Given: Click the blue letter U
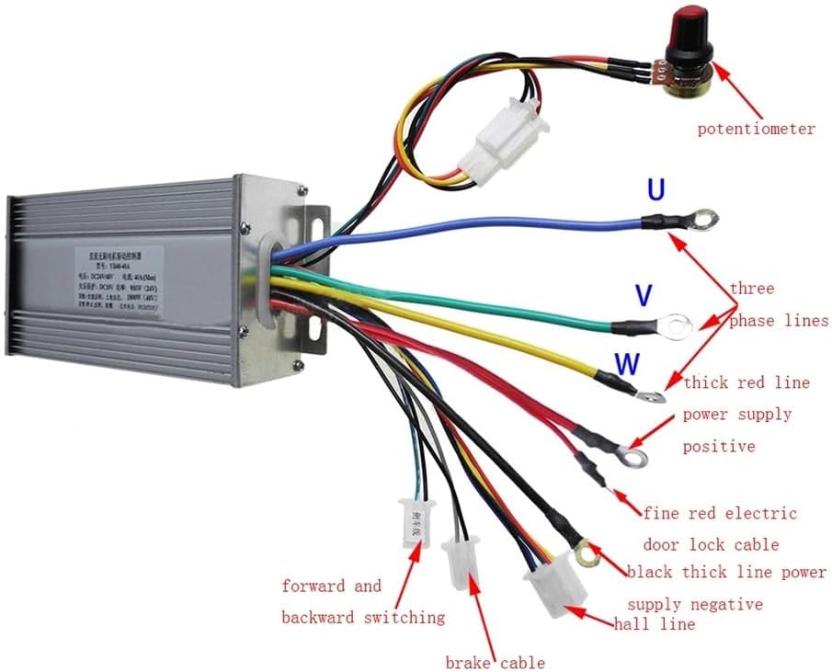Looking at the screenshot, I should coord(655,191).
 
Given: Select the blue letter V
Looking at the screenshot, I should coord(644,295).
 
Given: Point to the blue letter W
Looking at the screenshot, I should coord(627,364).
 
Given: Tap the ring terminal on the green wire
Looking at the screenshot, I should coord(678,324).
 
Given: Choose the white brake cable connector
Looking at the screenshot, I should coord(460,562).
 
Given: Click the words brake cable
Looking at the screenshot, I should coord(496,663).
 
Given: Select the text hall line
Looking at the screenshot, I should coord(655,624).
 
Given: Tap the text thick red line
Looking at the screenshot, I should coord(746,382).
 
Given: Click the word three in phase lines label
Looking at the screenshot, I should coord(752,289).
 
